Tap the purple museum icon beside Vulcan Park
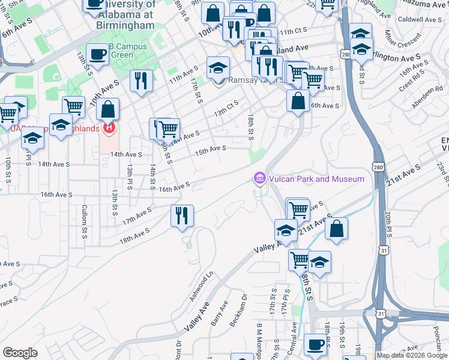point(259,178)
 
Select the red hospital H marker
point(109,127)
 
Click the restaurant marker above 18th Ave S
point(182,215)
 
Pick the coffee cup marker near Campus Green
point(97,55)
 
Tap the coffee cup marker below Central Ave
point(316,344)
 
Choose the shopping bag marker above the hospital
point(107,109)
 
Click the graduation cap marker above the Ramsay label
point(218,67)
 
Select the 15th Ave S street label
point(209,149)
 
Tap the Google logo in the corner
point(20,352)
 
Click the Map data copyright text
point(412,355)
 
